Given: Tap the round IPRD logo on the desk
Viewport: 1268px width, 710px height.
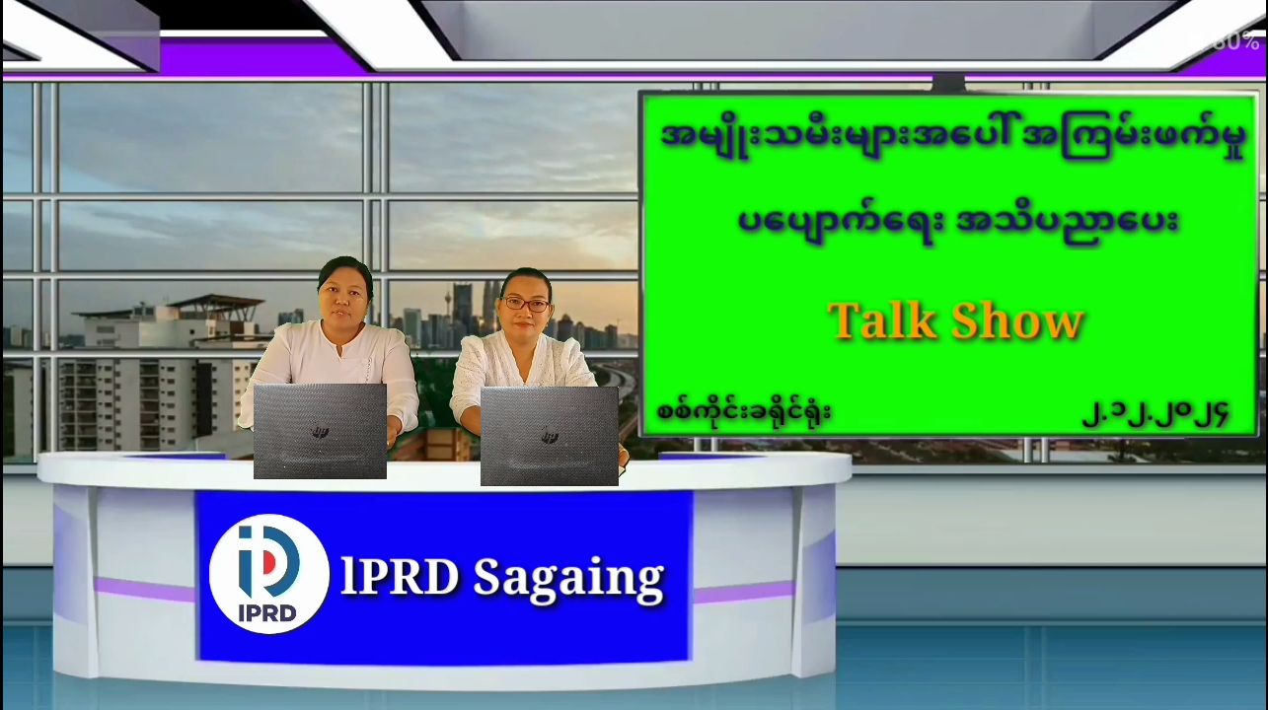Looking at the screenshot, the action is pos(268,574).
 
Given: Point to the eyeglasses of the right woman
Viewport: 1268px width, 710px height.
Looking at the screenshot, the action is pos(526,305).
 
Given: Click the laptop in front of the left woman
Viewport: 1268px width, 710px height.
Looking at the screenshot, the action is pos(320,431).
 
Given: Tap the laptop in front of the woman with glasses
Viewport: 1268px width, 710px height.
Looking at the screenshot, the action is pos(549,436).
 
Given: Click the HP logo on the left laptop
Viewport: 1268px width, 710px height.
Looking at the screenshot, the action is pos(320,433).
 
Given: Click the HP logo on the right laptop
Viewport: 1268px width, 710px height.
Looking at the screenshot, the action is pos(550,437).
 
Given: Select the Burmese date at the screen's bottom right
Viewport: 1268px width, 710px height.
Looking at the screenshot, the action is pos(1155,414).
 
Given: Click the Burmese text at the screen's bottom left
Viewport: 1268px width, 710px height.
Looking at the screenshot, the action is pos(744,411).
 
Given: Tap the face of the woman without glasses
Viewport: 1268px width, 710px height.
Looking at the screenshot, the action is pos(343,297).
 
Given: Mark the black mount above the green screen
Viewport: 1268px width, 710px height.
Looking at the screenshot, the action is pos(948,83).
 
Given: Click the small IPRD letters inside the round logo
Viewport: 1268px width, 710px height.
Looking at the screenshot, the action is pos(267,612).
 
